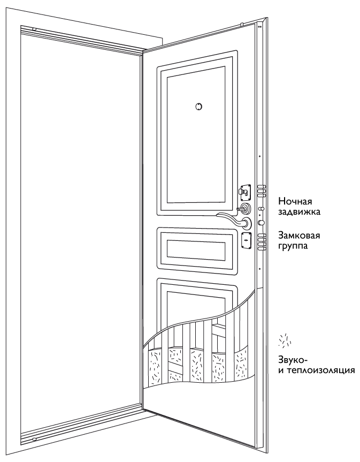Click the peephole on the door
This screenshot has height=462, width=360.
(198, 107)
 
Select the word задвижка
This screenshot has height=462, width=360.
(300, 212)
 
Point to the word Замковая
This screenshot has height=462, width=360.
(300, 236)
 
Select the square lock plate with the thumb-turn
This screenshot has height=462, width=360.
(245, 191)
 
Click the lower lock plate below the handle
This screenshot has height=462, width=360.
(246, 241)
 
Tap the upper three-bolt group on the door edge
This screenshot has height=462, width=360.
(262, 191)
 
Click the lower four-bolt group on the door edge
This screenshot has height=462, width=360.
(262, 241)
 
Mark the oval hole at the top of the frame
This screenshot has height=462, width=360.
(34, 29)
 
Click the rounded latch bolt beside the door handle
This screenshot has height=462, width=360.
(261, 222)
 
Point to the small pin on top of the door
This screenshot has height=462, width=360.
(241, 24)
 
